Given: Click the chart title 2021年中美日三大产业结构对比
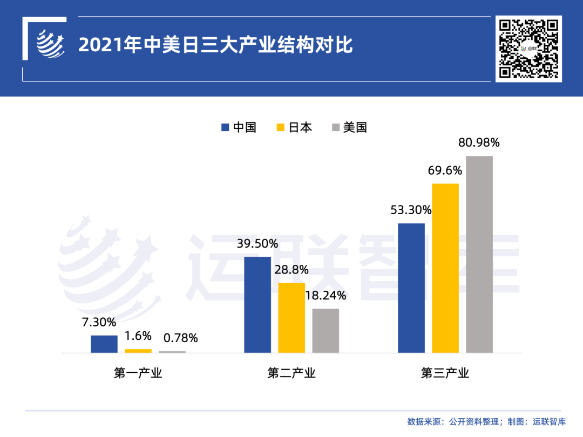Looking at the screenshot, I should tap(215, 45).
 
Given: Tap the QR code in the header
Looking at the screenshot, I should tap(528, 49).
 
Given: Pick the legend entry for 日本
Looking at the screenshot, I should tap(294, 127).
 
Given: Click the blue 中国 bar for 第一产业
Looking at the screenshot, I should tap(104, 344).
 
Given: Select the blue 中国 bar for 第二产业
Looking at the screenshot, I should tap(257, 305).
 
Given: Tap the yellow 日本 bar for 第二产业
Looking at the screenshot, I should tap(291, 318).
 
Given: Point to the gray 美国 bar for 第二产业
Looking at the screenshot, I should tap(326, 331).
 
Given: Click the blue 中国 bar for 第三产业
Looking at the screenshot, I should tap(411, 288).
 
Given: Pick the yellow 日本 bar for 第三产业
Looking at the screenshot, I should tap(445, 268).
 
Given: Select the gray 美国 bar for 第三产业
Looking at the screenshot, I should tap(479, 255).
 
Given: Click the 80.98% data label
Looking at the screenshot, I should tap(479, 143).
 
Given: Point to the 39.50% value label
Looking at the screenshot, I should tap(257, 244).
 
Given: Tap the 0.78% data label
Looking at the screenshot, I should tap(180, 338).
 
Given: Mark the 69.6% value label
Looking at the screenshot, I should tap(445, 171).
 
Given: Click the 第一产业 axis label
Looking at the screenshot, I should tap(138, 373).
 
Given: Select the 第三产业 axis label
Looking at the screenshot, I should tap(445, 373).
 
